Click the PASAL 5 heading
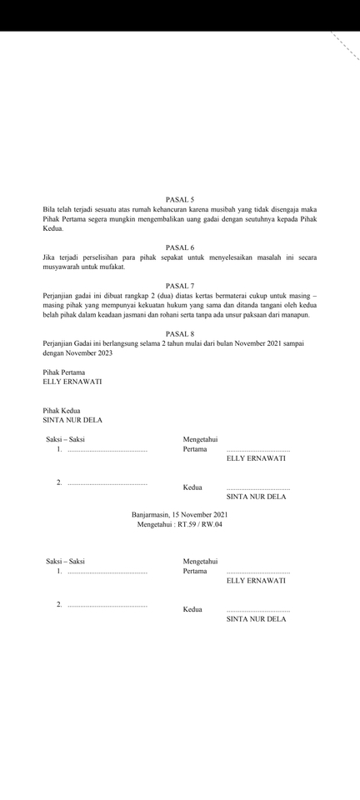click(x=180, y=200)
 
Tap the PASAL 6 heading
click(x=180, y=247)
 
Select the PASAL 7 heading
click(x=180, y=286)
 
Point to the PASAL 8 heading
click(x=180, y=333)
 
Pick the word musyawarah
click(x=63, y=267)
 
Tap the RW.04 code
click(x=213, y=524)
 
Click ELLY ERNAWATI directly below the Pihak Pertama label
click(x=72, y=382)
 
